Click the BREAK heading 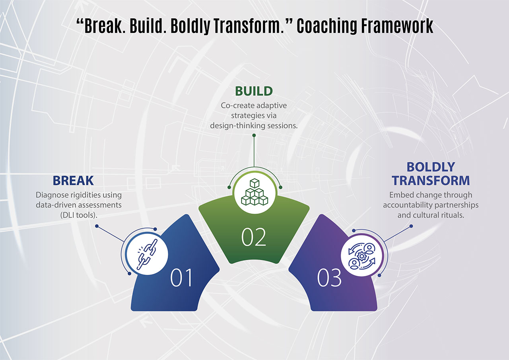73,181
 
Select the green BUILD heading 254,91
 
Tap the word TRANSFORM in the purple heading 431,181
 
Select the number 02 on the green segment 254,237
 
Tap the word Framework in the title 398,26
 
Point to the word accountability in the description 408,205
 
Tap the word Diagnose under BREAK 51,195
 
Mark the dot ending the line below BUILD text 254,135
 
